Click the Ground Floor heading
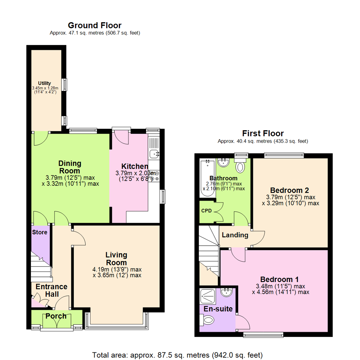tap(95, 25)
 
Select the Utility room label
tap(44, 83)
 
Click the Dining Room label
tap(70, 167)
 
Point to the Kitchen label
tap(134, 166)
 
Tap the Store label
tap(40, 232)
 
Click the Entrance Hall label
tap(52, 290)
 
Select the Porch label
tap(56, 316)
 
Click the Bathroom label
tap(223, 178)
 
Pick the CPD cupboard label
tap(206, 211)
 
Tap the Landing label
tap(235, 235)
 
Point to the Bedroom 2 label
tap(289, 190)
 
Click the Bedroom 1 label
tap(279, 279)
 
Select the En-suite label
tap(218, 309)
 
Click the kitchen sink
tap(154, 154)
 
